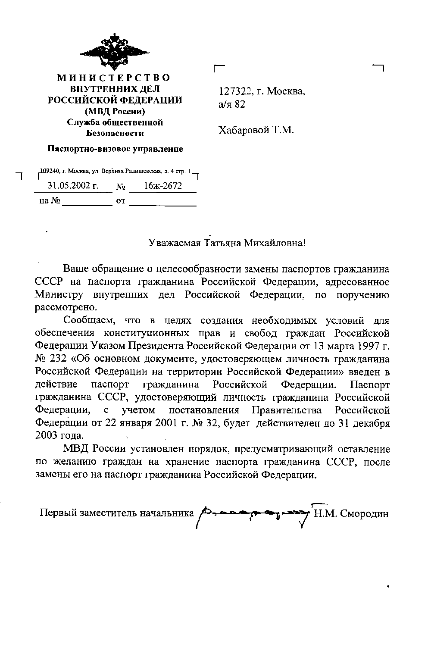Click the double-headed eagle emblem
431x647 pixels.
tap(114, 51)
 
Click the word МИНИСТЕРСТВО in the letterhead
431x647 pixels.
tap(114, 78)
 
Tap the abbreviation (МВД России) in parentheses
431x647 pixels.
tap(114, 111)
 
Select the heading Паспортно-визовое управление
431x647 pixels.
tap(115, 149)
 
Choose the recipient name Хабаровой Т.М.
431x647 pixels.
tap(256, 130)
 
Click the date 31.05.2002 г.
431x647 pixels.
tap(73, 186)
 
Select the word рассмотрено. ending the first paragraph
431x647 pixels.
tap(63, 307)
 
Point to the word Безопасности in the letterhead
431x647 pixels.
tap(115, 134)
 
